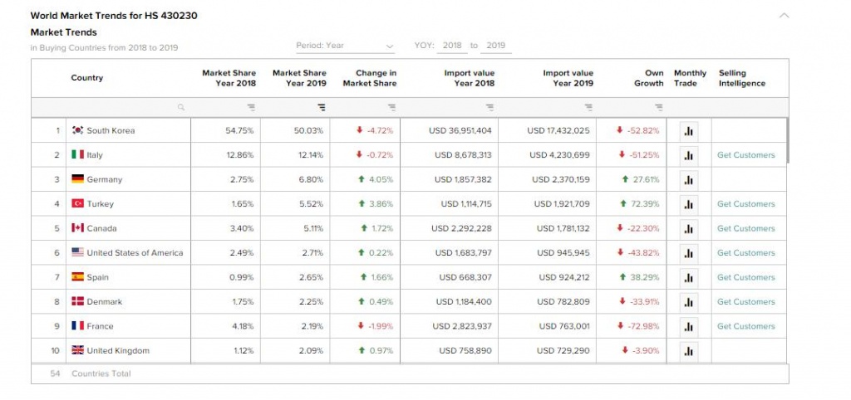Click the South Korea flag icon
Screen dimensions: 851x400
point(77,130)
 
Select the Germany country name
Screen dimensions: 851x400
point(104,179)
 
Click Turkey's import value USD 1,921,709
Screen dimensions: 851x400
point(562,204)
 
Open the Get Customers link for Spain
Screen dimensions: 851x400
point(745,277)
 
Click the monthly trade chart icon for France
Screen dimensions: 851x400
point(689,326)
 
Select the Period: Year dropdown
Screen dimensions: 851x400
point(345,46)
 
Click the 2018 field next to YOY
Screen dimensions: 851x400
point(452,46)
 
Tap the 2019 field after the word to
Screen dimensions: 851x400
point(496,46)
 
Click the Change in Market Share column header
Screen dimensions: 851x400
point(370,78)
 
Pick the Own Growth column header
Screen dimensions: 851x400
point(649,78)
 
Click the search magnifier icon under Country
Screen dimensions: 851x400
point(180,107)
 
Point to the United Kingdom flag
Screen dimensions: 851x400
point(77,350)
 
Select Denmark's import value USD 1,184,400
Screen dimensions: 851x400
point(464,302)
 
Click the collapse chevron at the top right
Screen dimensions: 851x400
point(784,16)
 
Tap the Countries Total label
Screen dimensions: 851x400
point(101,373)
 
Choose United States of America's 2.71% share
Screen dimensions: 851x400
point(311,252)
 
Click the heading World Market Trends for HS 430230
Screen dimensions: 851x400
point(114,16)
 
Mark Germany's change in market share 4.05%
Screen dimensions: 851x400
point(376,179)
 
